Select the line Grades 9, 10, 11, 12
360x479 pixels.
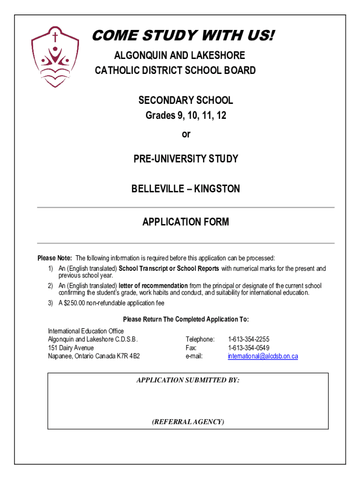[186, 116]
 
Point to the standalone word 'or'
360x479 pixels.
[186, 134]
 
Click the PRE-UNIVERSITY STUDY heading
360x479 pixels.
[186, 159]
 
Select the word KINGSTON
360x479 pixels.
[217, 189]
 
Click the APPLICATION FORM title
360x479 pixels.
[186, 222]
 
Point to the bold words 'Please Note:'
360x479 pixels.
[55, 258]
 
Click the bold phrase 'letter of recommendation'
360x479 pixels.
[153, 286]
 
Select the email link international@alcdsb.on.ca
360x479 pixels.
[263, 356]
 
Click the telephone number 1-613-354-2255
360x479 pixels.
[248, 339]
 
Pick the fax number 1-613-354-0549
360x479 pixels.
[248, 348]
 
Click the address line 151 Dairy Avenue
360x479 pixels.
[71, 348]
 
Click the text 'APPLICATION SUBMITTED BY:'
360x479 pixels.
[187, 380]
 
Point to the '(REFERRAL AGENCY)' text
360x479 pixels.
[187, 422]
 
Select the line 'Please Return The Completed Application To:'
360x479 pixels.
[186, 319]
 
